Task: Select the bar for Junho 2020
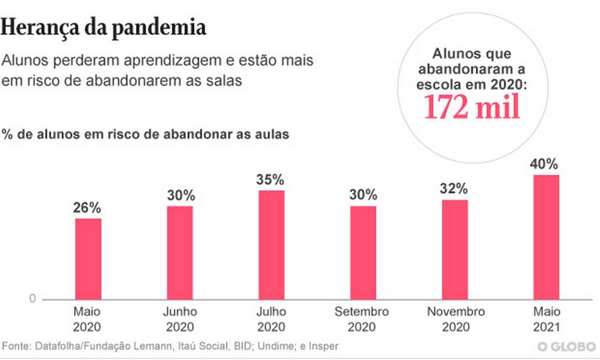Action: (x=180, y=252)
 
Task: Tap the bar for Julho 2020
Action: (x=271, y=245)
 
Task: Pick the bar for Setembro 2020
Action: (x=363, y=252)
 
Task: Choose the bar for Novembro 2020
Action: (x=455, y=249)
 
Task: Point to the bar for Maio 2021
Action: (x=546, y=237)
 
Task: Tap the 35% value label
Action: (x=270, y=180)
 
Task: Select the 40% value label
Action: (x=544, y=164)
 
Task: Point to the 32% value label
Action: (x=455, y=189)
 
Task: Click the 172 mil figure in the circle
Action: (x=472, y=107)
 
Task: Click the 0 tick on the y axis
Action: (x=32, y=299)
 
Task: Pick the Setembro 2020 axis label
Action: (x=362, y=319)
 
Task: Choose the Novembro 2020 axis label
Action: (x=456, y=319)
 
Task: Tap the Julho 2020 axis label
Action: (x=271, y=319)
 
